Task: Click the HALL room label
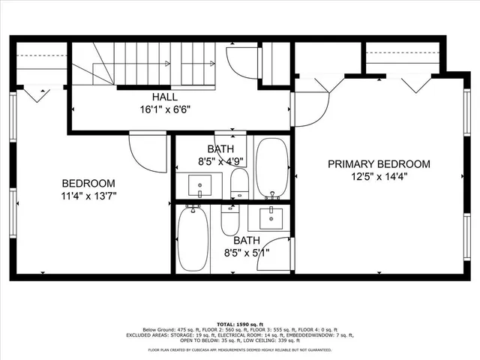(165, 97)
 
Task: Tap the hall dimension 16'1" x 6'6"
(165, 109)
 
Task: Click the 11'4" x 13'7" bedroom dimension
(88, 196)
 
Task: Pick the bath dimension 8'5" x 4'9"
(214, 160)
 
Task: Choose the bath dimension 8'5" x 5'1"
(246, 252)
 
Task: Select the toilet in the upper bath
(239, 182)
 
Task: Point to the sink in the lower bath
(271, 218)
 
